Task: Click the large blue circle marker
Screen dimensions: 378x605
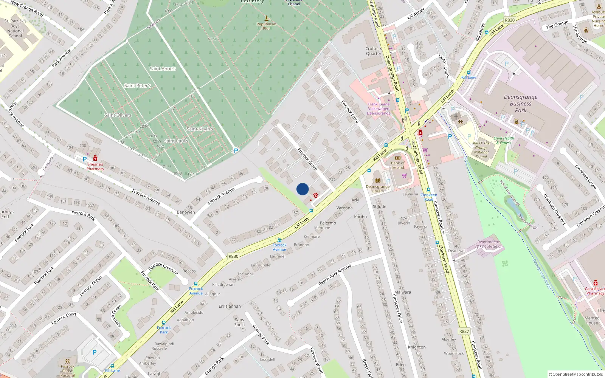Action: pos(302,189)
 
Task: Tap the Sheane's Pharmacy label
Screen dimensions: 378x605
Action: pos(95,167)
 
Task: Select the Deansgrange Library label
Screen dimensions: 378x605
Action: pos(377,189)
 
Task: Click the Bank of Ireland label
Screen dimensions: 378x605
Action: pos(397,165)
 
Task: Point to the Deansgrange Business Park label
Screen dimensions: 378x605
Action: pos(520,104)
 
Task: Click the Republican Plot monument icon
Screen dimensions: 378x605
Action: pos(267,18)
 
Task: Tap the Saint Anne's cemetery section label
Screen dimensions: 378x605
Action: pos(163,69)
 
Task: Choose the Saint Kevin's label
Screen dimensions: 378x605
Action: pos(200,129)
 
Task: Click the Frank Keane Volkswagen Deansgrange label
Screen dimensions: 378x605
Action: pos(379,109)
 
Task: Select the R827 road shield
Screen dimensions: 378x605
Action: pos(464,331)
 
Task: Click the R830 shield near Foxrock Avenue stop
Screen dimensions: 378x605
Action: pos(233,256)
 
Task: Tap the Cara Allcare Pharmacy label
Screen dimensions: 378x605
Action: pos(595,291)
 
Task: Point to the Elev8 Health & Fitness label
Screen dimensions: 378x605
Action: pos(504,141)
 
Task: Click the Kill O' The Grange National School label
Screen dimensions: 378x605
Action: pos(481,150)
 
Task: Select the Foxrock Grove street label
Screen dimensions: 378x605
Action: pos(307,159)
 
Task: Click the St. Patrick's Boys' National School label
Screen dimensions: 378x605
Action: pos(16,28)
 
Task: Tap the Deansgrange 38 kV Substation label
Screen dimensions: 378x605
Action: pos(489,244)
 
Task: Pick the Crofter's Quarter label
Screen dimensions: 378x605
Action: pos(374,51)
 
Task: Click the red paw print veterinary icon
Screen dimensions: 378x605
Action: pos(315,195)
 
